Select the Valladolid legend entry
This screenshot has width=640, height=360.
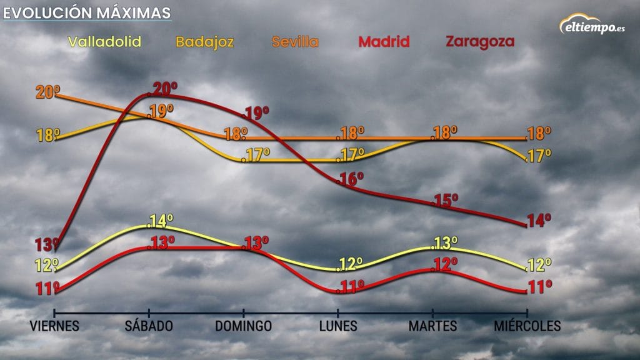pos(105,42)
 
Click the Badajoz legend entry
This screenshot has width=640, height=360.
pos(205,42)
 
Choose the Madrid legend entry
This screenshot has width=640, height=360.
pos(384,42)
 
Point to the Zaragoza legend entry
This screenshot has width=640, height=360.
pos(480,42)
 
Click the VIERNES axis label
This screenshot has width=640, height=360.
pos(55,326)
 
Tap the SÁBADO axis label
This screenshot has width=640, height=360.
pos(149,326)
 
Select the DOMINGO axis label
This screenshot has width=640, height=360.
pos(244,326)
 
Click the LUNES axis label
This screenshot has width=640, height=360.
pos(338,326)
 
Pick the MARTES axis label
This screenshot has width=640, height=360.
pos(432,326)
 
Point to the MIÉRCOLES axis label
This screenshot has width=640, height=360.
pos(527,326)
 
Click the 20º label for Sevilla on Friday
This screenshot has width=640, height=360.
pos(47,92)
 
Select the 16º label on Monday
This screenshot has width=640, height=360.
pos(351,180)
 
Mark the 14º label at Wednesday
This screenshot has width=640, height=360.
pos(539,220)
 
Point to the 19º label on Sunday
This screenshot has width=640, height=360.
pos(256,114)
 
